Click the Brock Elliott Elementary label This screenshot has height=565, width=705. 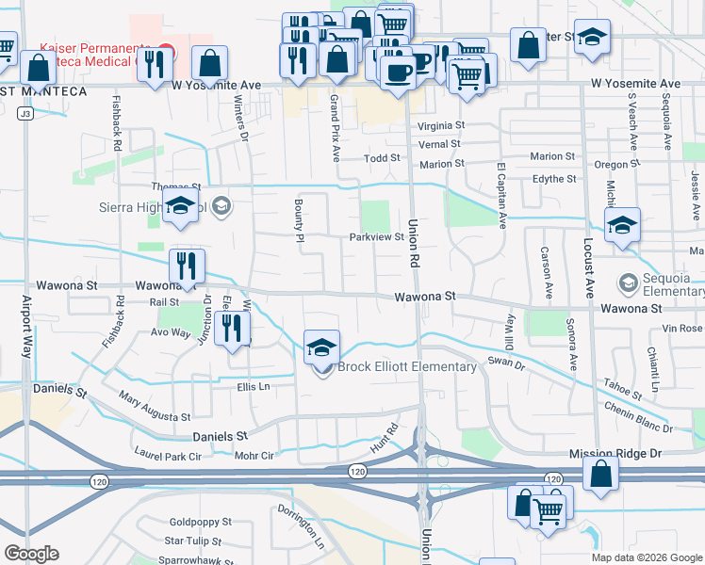(x=407, y=367)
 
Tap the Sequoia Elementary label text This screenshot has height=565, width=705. (x=671, y=282)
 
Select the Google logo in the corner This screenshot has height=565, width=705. (x=30, y=554)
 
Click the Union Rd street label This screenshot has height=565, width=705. (x=413, y=243)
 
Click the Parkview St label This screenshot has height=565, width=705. (x=376, y=237)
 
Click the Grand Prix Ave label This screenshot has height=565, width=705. (x=335, y=128)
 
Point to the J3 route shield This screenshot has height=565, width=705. (x=25, y=114)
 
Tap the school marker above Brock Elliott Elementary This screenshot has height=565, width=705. (x=321, y=347)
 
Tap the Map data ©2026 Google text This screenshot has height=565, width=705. (x=646, y=557)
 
